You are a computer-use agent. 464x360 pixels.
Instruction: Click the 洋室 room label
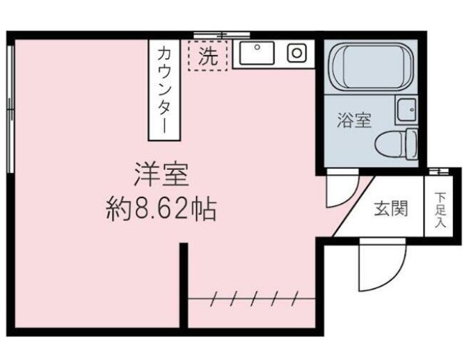pyautogui.click(x=161, y=174)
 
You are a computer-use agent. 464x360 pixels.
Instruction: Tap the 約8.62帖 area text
pyautogui.click(x=161, y=208)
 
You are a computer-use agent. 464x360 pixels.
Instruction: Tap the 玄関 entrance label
pyautogui.click(x=391, y=208)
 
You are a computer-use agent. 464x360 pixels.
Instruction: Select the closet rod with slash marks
pyautogui.click(x=251, y=299)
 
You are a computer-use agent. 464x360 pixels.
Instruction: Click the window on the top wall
pyautogui.click(x=221, y=34)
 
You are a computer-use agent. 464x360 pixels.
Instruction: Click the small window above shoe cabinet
pyautogui.click(x=438, y=171)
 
